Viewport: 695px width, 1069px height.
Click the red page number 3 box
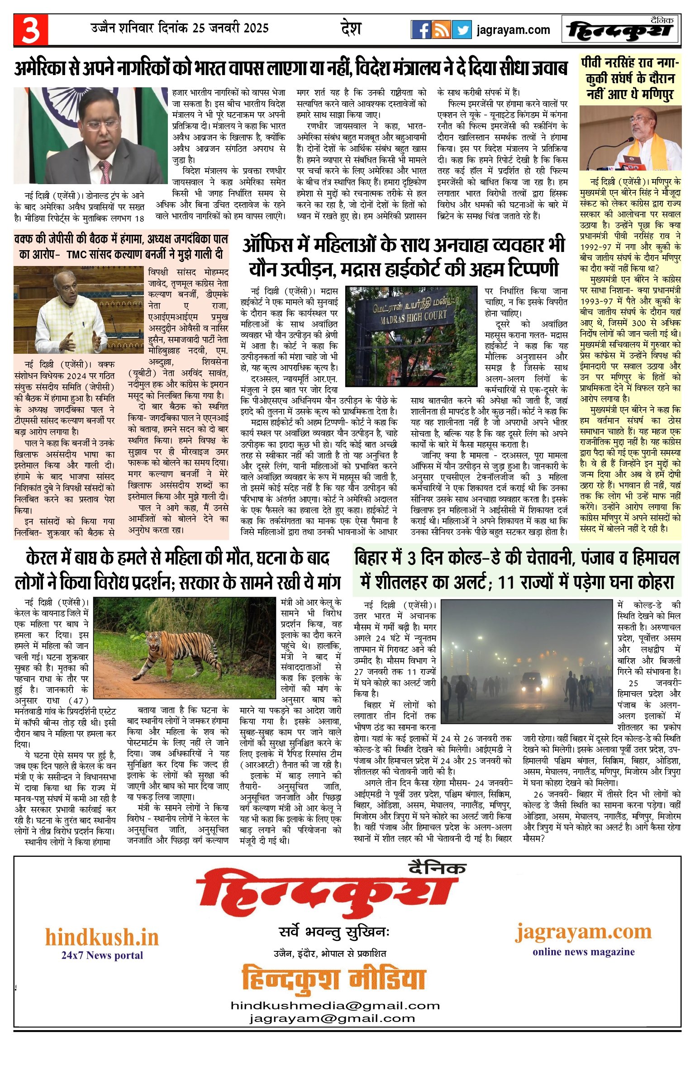coord(30,30)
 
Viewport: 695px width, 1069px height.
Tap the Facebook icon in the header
coord(421,30)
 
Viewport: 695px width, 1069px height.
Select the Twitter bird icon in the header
coord(462,30)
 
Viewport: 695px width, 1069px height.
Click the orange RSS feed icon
coord(441,30)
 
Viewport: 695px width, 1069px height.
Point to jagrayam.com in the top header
coord(513,30)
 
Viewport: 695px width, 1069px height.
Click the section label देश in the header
coord(351,29)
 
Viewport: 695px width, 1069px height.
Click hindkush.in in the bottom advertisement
coord(102,937)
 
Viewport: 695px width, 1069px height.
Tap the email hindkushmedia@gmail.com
coord(335,1006)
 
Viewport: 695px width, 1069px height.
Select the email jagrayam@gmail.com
coord(332,1018)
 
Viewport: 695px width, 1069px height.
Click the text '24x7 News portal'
coord(102,955)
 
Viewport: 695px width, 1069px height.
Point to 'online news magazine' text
coord(583,951)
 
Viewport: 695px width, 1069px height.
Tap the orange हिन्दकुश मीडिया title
coord(333,979)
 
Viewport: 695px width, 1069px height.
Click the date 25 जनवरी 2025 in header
coord(230,29)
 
